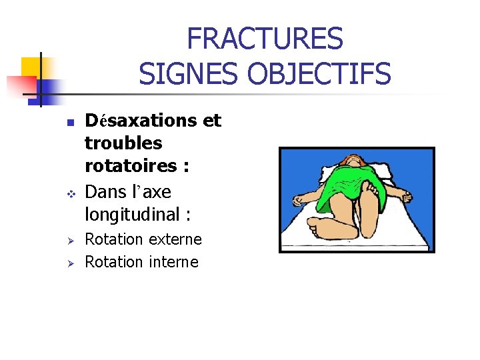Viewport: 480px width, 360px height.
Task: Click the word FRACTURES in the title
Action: click(x=265, y=39)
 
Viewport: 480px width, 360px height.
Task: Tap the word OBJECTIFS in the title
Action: click(x=319, y=73)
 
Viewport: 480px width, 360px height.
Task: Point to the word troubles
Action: click(x=123, y=143)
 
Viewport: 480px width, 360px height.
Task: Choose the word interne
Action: click(x=173, y=262)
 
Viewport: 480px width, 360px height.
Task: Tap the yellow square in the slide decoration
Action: click(x=31, y=67)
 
